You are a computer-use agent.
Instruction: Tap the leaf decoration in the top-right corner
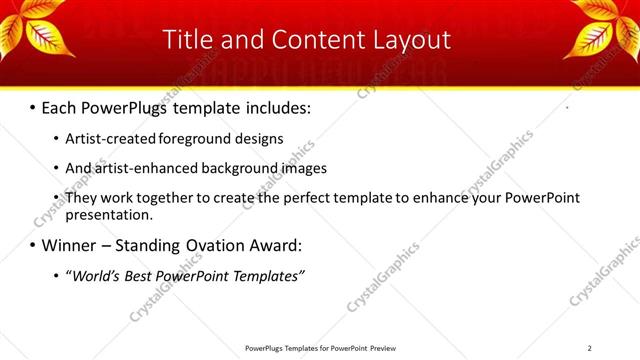[x=606, y=29]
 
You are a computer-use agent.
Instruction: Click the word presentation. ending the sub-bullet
[x=109, y=214]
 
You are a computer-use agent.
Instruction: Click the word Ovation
[x=210, y=245]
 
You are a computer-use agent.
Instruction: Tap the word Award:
[x=274, y=245]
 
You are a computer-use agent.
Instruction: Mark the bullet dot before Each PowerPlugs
[x=33, y=107]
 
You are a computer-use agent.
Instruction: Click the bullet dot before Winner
[x=33, y=246]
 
